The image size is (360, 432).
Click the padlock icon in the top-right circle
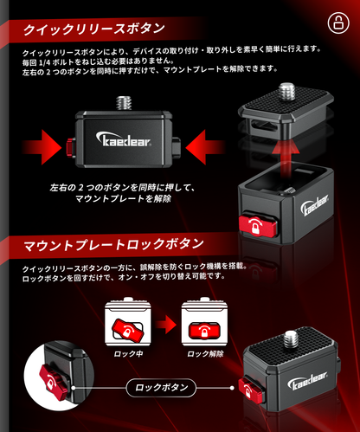click(338, 23)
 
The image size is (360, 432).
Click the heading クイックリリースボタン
click(94, 29)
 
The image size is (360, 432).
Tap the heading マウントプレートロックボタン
click(113, 245)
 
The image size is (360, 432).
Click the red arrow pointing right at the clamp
click(42, 147)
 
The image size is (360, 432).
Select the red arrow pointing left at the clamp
click(205, 147)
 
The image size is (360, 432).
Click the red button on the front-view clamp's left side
click(70, 146)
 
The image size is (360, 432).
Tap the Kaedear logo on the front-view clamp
click(123, 139)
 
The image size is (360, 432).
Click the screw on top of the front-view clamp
click(124, 103)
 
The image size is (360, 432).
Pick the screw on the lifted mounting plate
click(286, 91)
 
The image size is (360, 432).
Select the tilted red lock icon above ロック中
click(127, 329)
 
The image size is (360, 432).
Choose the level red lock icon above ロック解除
click(204, 330)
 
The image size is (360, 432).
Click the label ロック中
click(128, 354)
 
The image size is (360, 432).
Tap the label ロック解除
click(205, 354)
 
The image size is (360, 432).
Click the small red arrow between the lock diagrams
click(165, 325)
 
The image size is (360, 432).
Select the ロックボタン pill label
click(161, 388)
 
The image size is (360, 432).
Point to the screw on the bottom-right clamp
click(292, 339)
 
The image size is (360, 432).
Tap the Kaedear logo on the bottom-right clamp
click(307, 381)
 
